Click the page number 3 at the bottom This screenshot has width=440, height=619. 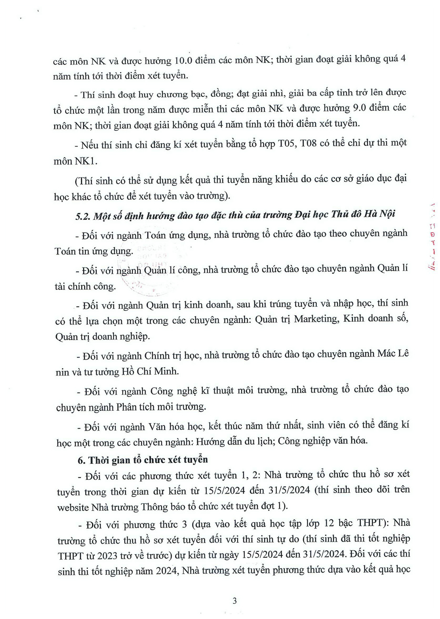(x=235, y=601)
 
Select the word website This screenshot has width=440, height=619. (x=73, y=507)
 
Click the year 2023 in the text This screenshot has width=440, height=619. (x=107, y=556)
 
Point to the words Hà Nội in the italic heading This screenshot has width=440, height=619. (x=381, y=214)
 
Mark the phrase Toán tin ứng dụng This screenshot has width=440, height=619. (x=93, y=251)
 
